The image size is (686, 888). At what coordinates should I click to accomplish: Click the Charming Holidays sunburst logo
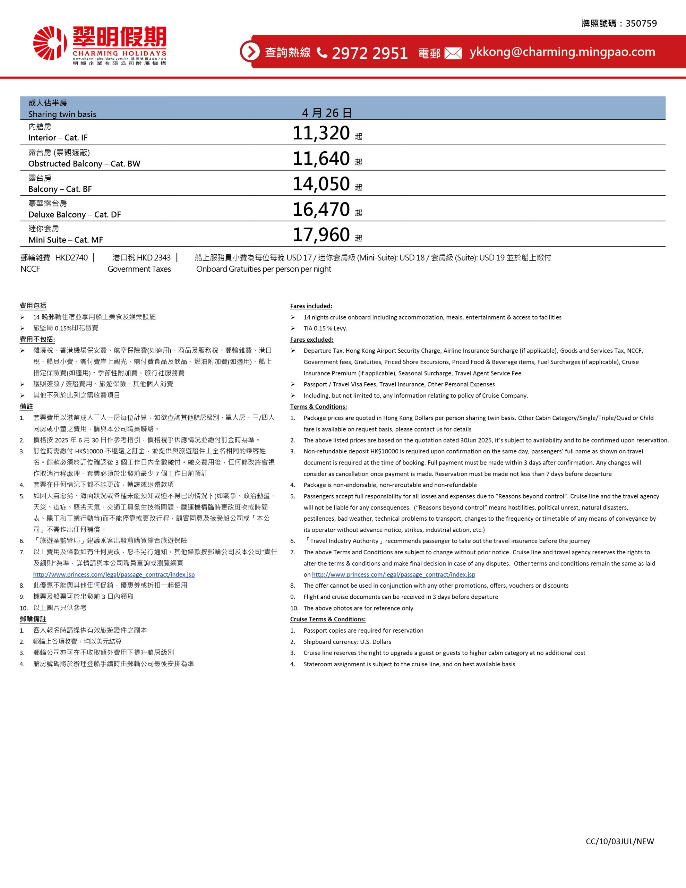pyautogui.click(x=50, y=43)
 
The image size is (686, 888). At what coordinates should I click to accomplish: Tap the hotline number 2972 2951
pyautogui.click(x=369, y=53)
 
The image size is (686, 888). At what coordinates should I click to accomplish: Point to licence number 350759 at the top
pyautogui.click(x=641, y=24)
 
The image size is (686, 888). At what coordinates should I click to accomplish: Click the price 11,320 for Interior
pyautogui.click(x=321, y=133)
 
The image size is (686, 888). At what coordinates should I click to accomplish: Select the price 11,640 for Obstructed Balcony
pyautogui.click(x=321, y=159)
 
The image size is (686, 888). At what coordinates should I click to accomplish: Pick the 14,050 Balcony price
pyautogui.click(x=321, y=184)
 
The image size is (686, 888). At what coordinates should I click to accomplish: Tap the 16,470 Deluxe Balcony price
pyautogui.click(x=321, y=210)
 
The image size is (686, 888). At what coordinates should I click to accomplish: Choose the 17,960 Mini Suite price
pyautogui.click(x=321, y=234)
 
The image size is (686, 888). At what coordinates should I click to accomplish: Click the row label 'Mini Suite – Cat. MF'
pyautogui.click(x=66, y=240)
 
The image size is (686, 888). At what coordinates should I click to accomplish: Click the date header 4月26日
pyautogui.click(x=327, y=113)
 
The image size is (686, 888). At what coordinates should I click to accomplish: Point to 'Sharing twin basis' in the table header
pyautogui.click(x=62, y=114)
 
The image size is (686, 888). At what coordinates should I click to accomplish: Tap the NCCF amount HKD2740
pyautogui.click(x=71, y=258)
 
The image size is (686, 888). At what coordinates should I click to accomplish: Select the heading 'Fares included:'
pyautogui.click(x=311, y=306)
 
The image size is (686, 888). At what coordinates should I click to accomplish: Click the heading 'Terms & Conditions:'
pyautogui.click(x=318, y=407)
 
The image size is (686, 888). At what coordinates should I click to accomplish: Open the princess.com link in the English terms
pyautogui.click(x=393, y=574)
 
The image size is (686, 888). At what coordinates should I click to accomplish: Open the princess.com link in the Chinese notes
pyautogui.click(x=114, y=574)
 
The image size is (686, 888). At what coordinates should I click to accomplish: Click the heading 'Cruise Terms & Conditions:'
pyautogui.click(x=328, y=619)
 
